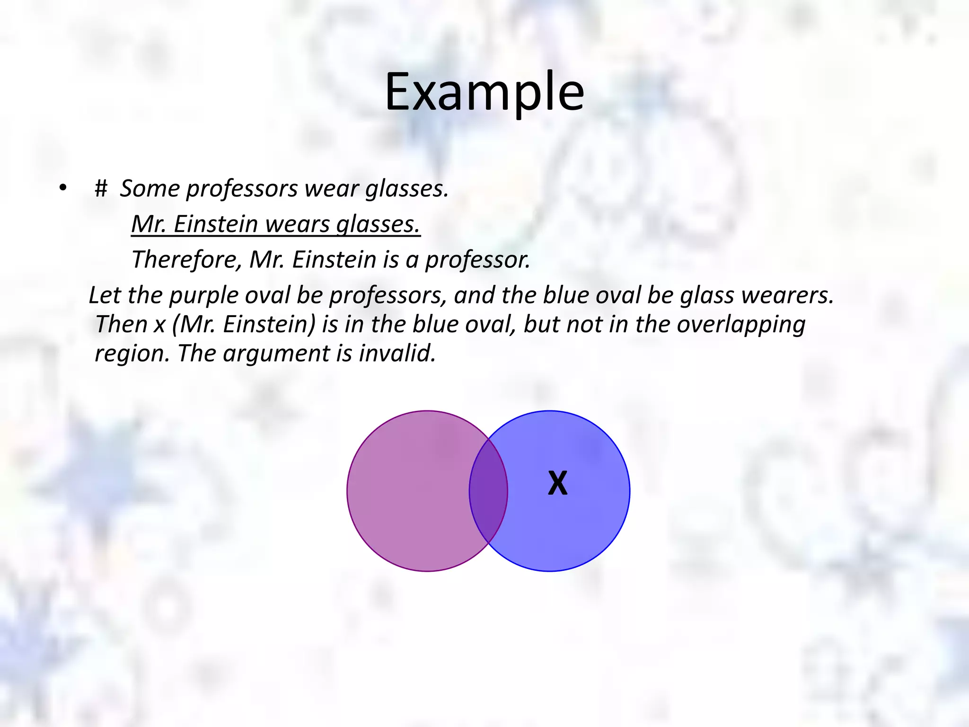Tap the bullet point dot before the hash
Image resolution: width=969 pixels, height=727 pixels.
(x=63, y=188)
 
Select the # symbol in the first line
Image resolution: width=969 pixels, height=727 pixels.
(x=101, y=188)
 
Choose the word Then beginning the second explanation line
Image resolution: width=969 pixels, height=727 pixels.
(x=121, y=324)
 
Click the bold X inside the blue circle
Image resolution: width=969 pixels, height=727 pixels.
(x=557, y=483)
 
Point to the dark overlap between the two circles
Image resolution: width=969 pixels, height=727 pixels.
(x=488, y=491)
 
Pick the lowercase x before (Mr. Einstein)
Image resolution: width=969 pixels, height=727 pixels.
(x=159, y=325)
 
